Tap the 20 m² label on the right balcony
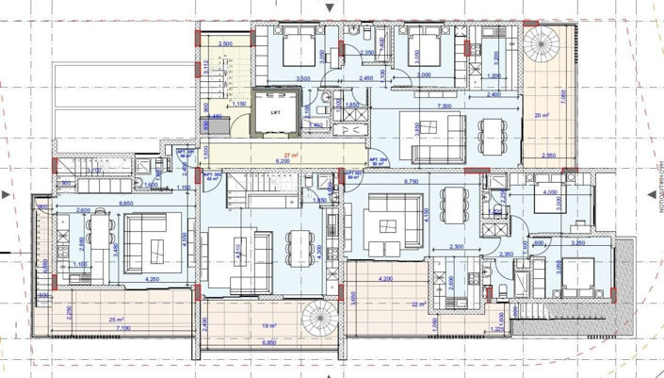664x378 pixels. tap(540, 116)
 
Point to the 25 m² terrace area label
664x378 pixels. tap(116, 321)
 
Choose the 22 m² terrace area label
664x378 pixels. tap(419, 304)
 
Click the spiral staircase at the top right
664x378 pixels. tap(543, 43)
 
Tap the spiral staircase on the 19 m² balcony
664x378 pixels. tap(315, 325)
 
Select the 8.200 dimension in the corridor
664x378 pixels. tap(283, 162)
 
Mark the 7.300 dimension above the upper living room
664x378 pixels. tap(445, 107)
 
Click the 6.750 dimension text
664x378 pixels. tap(410, 180)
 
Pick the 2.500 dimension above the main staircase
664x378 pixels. tap(225, 44)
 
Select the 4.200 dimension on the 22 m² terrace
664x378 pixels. tap(386, 279)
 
